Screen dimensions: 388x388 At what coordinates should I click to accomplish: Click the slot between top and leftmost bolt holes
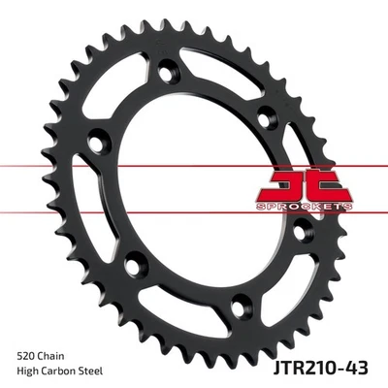131,97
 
